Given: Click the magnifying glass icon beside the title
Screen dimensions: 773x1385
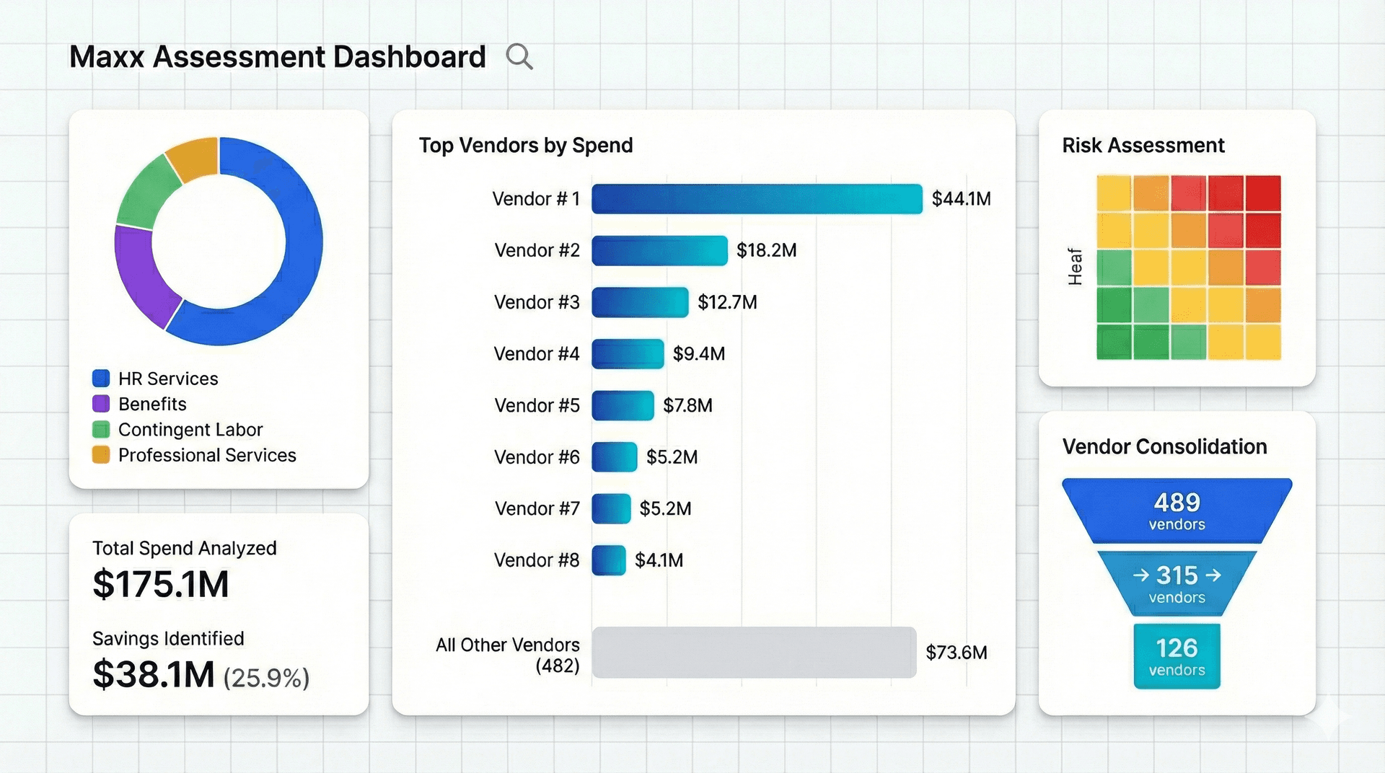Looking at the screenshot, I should coord(519,56).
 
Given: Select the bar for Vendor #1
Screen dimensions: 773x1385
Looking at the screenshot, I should coord(757,199).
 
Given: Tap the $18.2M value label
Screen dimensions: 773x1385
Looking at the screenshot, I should coord(766,251).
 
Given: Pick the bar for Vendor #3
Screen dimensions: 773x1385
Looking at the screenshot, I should coord(640,302).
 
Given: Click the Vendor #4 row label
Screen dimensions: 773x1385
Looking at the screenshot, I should coord(537,354).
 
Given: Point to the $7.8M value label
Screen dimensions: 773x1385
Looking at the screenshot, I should coord(687,406).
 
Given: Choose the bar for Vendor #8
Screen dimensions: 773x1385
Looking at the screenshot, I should coord(609,560).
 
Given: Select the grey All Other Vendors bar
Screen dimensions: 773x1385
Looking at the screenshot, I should coord(754,653).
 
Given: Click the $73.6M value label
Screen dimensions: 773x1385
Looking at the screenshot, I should coord(956,653).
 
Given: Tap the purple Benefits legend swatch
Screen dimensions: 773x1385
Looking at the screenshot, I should coord(101,404).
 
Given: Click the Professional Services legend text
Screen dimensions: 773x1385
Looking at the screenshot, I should coord(207,456).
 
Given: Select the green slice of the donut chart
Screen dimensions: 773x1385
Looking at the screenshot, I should coord(146,193).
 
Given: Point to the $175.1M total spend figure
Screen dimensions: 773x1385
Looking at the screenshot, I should coord(161,584).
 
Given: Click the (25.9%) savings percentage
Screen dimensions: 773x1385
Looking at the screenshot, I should coord(266,678).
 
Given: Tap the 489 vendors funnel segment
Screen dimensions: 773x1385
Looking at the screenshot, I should coord(1177,511).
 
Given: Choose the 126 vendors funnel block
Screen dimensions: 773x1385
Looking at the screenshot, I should coord(1177,656).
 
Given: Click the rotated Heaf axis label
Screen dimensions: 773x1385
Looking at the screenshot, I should coord(1075,267).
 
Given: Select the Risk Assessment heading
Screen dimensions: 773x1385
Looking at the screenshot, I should coord(1143,146).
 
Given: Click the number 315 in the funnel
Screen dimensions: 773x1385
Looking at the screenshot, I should coord(1177,575).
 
